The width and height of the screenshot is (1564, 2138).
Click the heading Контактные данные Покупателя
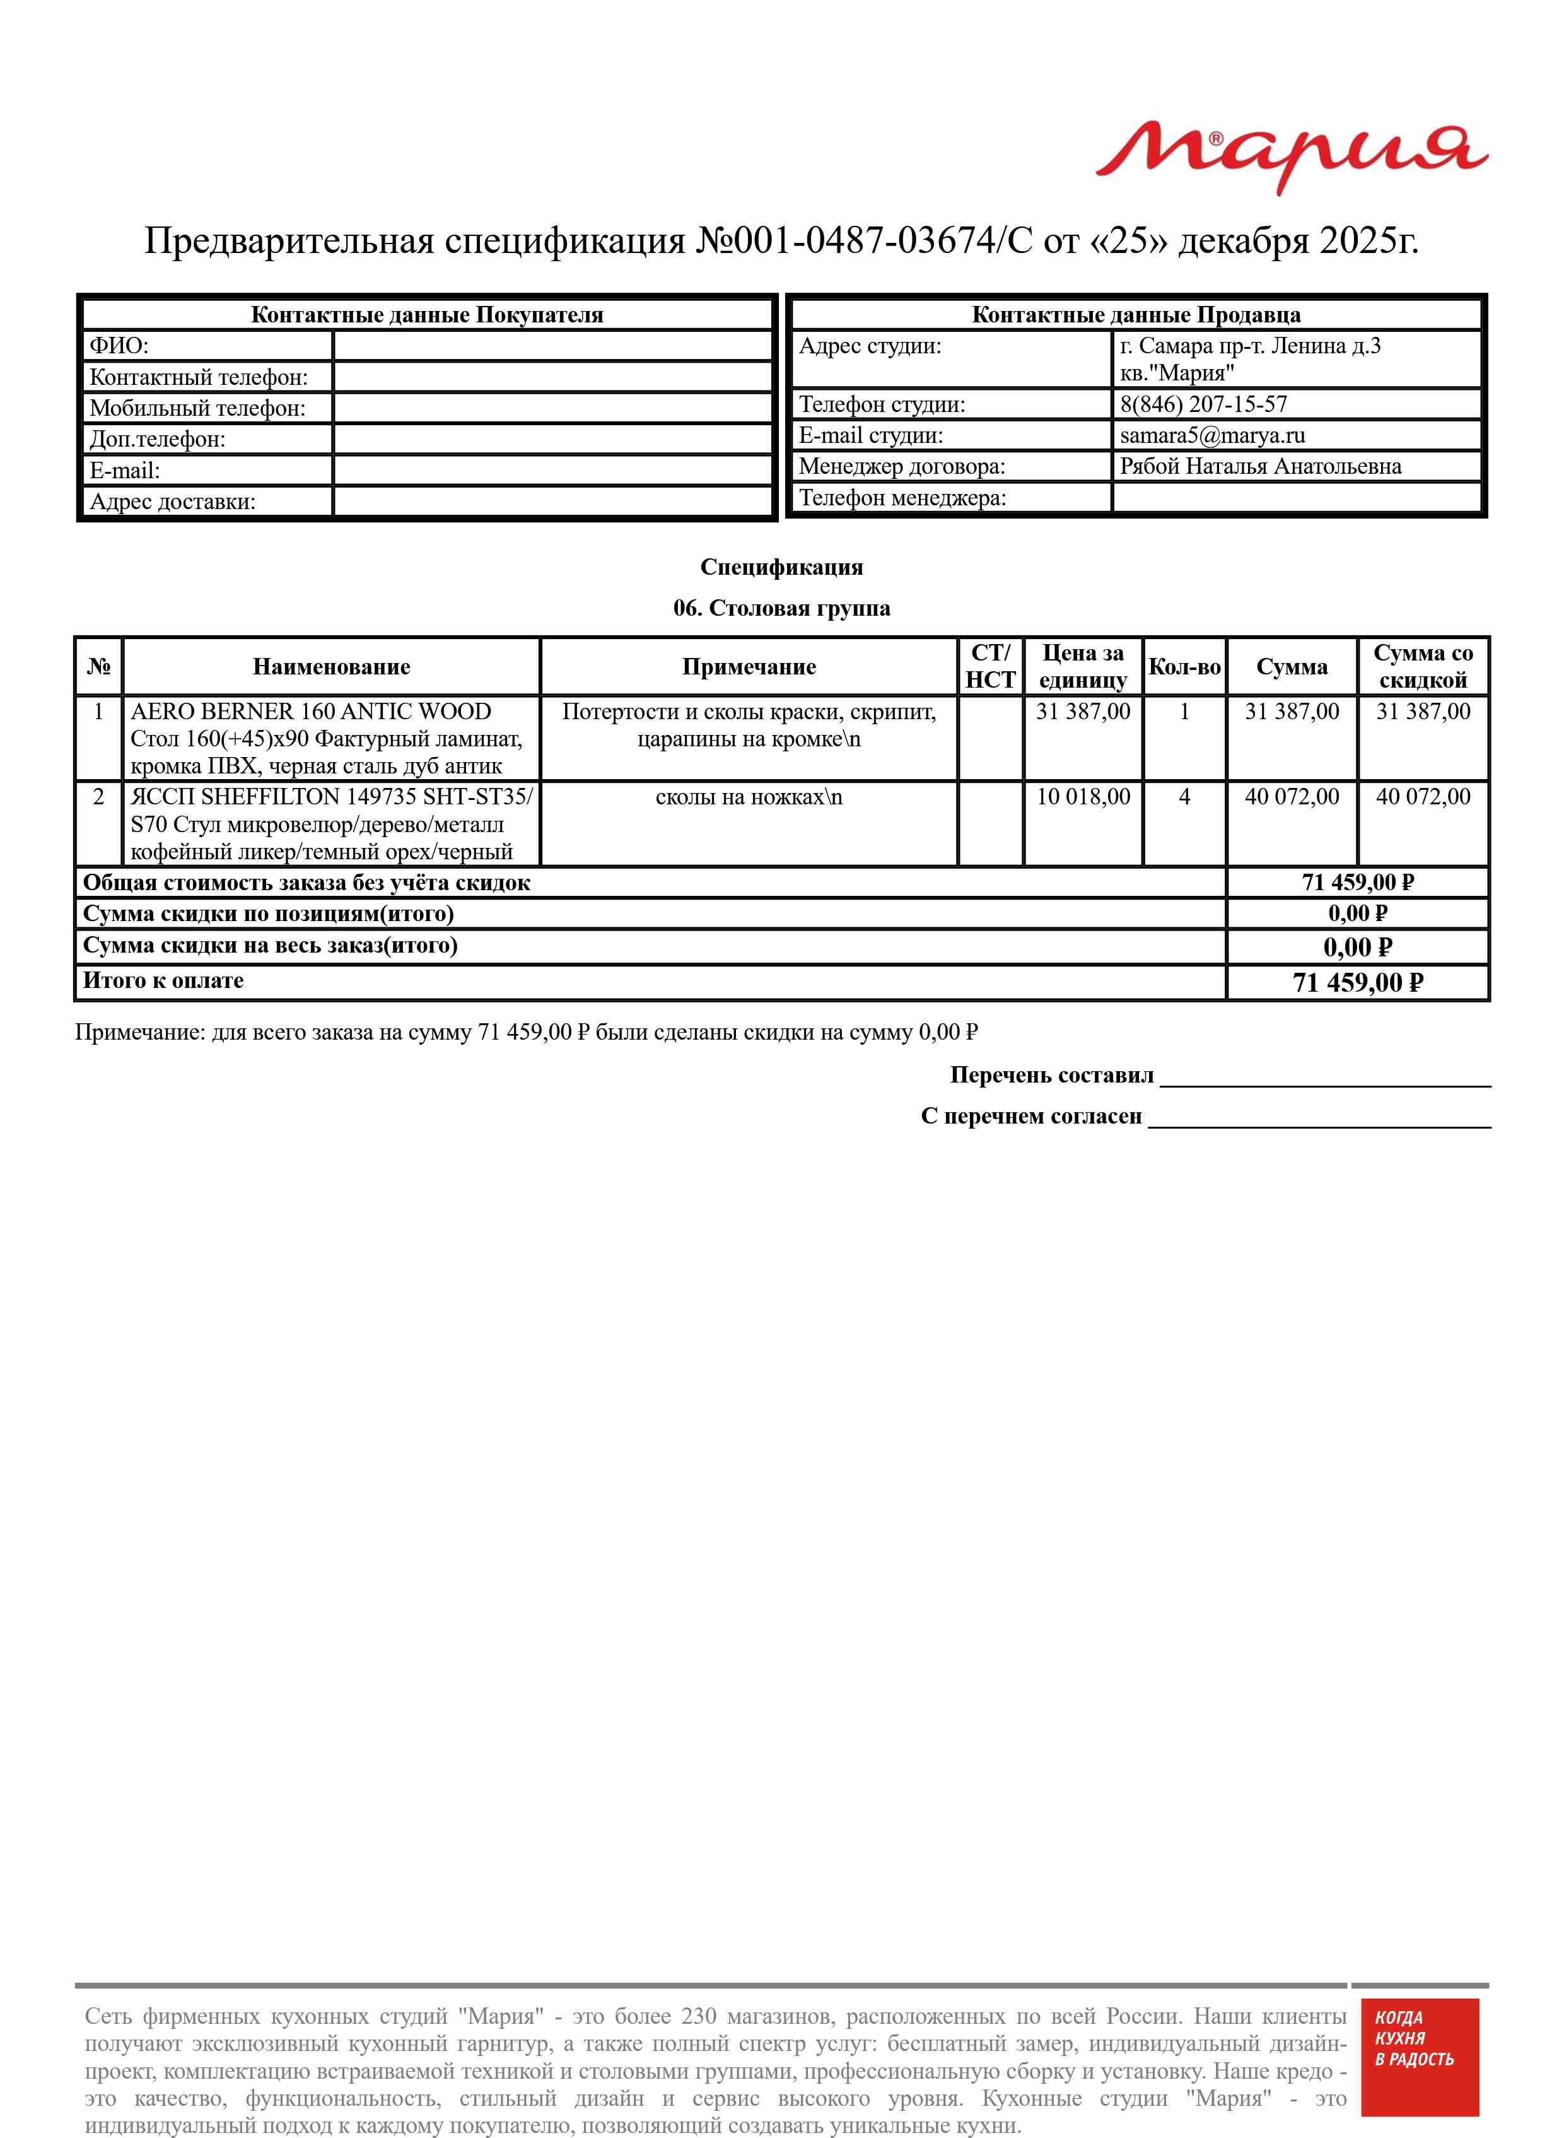point(426,315)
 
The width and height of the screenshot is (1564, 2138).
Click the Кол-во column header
point(1184,667)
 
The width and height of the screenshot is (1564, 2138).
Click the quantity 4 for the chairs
point(1184,797)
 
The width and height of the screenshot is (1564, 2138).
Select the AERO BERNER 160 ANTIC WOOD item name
point(310,712)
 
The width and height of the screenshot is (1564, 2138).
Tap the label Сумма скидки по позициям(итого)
point(269,913)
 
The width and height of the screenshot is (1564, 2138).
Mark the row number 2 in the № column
point(98,797)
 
